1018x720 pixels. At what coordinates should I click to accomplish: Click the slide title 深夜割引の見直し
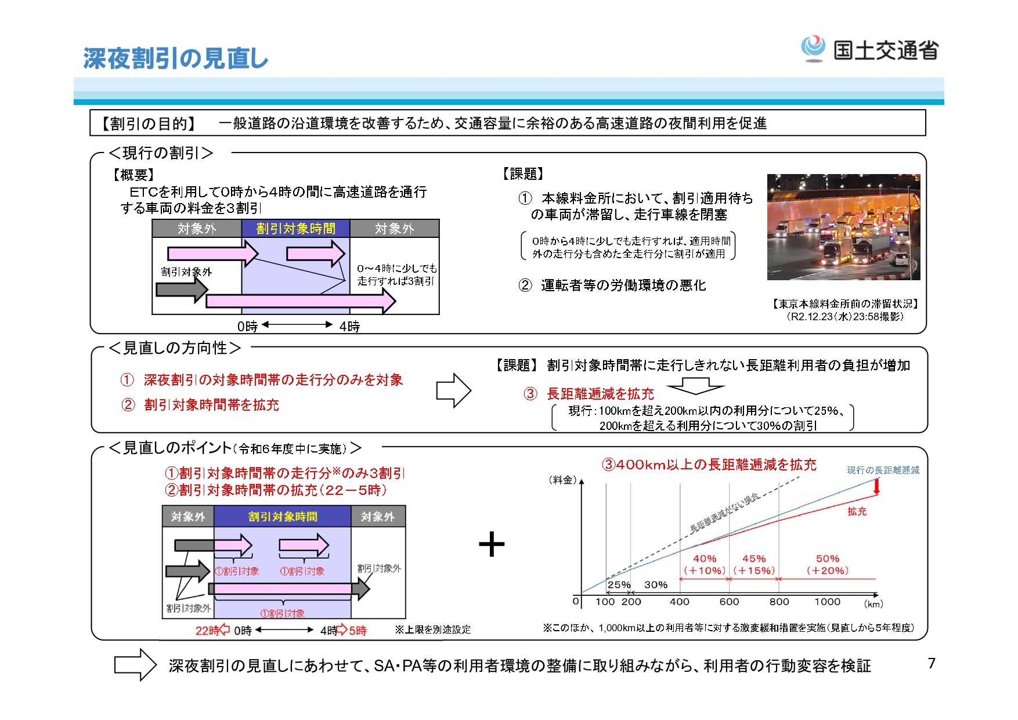click(175, 59)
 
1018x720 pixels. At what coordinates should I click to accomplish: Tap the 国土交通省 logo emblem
click(813, 49)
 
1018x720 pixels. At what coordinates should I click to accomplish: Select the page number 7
click(931, 663)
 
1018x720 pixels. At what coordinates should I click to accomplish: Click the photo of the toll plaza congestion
click(843, 227)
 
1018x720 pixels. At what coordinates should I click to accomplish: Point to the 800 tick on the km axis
click(779, 602)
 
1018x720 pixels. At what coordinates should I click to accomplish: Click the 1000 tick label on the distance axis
click(827, 602)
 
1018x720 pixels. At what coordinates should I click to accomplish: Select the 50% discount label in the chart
click(828, 559)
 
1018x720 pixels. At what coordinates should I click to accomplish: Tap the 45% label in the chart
click(754, 559)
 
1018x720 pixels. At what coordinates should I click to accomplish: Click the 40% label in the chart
click(705, 559)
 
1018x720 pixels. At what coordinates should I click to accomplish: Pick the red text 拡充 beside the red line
click(857, 511)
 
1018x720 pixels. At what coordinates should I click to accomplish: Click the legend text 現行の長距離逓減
click(883, 470)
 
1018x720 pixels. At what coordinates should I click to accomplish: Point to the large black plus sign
click(492, 544)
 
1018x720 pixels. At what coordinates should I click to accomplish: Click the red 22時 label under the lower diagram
click(207, 631)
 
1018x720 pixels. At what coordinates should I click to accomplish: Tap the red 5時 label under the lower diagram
click(358, 631)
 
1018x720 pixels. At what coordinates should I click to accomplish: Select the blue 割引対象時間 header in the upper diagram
click(295, 229)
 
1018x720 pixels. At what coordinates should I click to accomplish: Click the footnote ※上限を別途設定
click(432, 629)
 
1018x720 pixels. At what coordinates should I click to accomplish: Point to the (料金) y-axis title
click(562, 480)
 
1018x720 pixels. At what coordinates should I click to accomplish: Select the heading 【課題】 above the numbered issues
click(522, 173)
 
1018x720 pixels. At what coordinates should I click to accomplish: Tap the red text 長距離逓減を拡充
click(600, 394)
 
